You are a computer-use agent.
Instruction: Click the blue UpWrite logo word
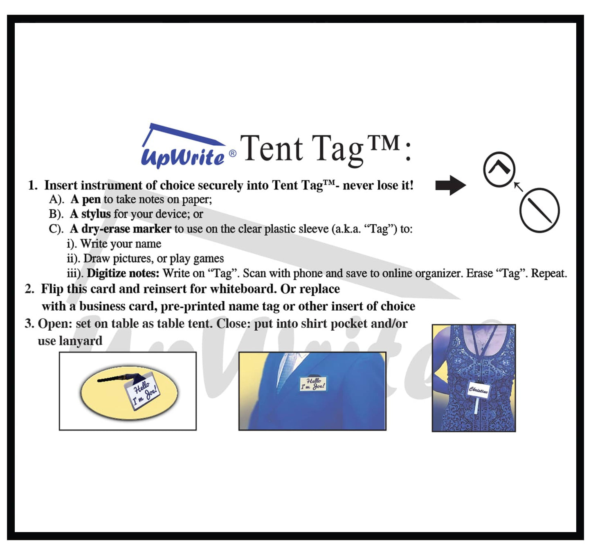pos(183,157)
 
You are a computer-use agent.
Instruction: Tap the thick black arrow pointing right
pos(451,185)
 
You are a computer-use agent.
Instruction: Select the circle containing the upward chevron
pos(499,169)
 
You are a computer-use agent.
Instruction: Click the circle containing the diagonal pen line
pos(539,210)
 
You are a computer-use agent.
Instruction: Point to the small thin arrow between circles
pos(518,187)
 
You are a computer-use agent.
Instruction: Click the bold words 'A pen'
pos(86,200)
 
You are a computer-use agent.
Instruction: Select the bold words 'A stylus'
pos(90,214)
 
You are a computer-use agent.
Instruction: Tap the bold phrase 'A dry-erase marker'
pos(121,229)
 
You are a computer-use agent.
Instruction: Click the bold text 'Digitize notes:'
pos(123,273)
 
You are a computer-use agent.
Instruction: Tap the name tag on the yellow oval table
pos(142,393)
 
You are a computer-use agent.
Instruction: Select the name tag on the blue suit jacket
pos(313,384)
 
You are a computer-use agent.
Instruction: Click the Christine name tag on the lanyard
pos(479,389)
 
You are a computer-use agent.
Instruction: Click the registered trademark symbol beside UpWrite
pos(232,153)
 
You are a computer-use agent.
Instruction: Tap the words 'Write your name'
pos(121,244)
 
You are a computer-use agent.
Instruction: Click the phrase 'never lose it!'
pos(378,185)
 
